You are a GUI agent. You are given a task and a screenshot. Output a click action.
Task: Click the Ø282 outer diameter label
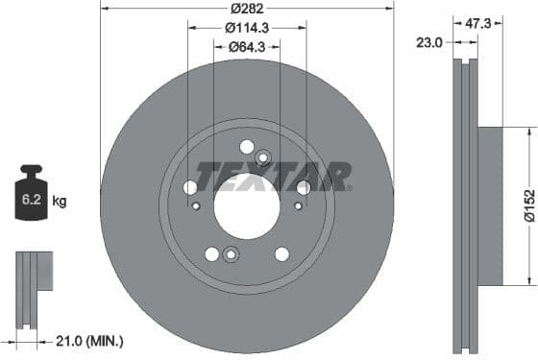(247, 9)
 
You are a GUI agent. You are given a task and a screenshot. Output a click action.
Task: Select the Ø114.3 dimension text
(247, 28)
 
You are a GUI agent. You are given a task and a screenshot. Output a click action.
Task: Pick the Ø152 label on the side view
(528, 205)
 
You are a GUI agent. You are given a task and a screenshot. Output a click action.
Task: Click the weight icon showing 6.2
(31, 198)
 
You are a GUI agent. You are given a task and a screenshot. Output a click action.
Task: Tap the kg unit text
(60, 202)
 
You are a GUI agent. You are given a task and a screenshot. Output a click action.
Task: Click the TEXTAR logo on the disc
(273, 175)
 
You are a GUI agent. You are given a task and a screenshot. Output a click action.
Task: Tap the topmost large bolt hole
(247, 147)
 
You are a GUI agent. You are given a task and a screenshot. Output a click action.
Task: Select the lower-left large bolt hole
(211, 253)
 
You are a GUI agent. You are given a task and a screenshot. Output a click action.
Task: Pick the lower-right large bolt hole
(281, 253)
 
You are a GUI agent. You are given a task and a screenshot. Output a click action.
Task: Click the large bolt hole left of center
(190, 187)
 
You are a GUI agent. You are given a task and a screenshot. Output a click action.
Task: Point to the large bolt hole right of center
(303, 187)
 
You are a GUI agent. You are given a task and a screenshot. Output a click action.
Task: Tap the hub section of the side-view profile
(490, 205)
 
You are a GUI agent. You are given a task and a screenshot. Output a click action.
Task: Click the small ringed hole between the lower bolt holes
(230, 254)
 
